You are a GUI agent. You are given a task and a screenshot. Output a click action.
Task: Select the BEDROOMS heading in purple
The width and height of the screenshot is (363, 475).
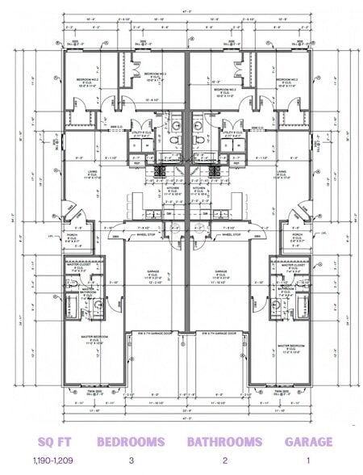(x=131, y=441)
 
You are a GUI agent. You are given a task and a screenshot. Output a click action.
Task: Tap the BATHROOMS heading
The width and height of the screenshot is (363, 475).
(x=224, y=441)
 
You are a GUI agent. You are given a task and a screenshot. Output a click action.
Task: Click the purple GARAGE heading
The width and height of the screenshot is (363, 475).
(x=308, y=441)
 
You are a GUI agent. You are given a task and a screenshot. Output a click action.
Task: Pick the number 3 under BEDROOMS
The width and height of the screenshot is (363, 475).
(x=131, y=460)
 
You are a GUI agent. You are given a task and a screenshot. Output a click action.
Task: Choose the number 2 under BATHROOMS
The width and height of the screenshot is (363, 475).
(x=224, y=460)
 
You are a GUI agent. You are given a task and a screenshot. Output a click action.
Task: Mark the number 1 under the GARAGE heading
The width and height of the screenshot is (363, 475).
(x=308, y=460)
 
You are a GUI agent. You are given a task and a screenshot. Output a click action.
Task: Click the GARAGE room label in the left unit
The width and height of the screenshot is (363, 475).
(x=151, y=272)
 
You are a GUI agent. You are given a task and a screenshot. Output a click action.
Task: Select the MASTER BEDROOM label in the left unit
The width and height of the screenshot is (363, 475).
(x=93, y=339)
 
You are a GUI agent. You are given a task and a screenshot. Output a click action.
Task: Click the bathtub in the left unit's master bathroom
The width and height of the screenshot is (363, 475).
(x=68, y=307)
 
